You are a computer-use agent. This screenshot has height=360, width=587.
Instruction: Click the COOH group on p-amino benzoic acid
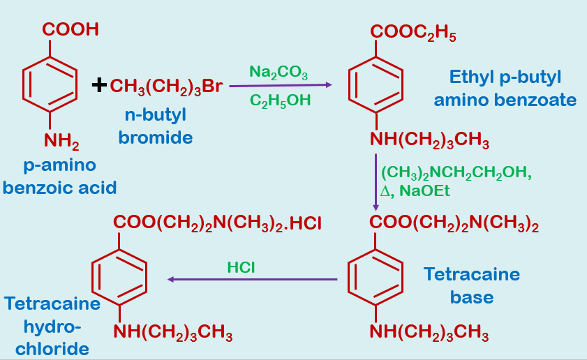click(70, 29)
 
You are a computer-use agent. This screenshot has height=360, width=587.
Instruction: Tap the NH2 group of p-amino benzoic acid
click(61, 142)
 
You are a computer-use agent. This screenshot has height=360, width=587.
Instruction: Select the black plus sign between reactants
click(99, 86)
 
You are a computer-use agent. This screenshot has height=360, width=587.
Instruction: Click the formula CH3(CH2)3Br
click(166, 87)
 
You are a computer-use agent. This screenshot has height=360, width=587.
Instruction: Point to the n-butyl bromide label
click(156, 126)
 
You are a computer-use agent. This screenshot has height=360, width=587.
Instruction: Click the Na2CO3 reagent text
click(278, 72)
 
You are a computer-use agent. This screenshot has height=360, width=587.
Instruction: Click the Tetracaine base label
click(472, 285)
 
